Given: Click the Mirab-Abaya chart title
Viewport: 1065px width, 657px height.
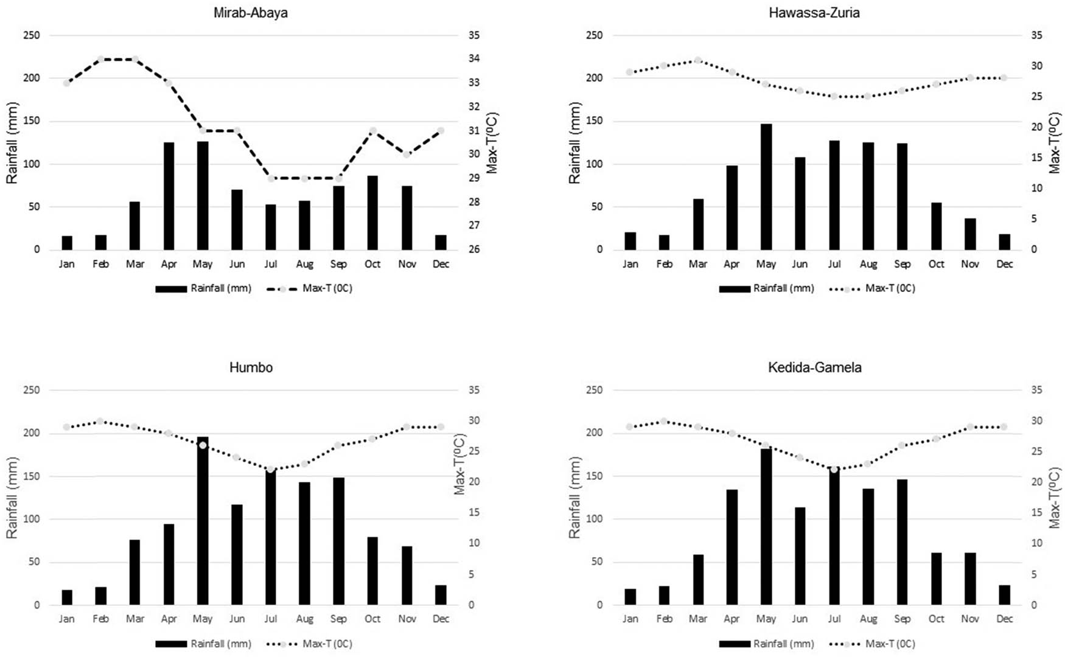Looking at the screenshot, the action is (250, 13).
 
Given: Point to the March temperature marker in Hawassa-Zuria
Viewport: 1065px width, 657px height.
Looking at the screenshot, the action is (698, 60).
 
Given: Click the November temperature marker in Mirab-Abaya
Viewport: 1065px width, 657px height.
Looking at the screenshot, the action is (407, 155).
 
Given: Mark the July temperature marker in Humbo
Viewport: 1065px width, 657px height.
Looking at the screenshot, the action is (271, 470).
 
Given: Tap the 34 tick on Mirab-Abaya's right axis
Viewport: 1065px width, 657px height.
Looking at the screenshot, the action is (474, 59).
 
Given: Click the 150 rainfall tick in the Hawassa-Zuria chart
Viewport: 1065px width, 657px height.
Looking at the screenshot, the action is (594, 121).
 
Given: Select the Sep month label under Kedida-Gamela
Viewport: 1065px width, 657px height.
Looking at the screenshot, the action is (902, 619).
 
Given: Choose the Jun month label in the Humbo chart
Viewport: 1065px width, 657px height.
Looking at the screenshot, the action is (237, 619).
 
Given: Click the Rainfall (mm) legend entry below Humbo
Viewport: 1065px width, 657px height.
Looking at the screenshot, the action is (204, 644).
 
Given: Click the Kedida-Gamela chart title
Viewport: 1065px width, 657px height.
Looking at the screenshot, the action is (814, 367).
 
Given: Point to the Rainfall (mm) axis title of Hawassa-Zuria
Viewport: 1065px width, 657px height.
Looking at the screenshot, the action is (574, 143).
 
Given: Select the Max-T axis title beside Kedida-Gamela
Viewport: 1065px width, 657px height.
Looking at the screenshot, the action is (1054, 498).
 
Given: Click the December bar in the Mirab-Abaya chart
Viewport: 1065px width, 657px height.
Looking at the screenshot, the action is (441, 242).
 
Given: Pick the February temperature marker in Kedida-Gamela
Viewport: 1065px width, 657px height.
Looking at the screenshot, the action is (664, 421).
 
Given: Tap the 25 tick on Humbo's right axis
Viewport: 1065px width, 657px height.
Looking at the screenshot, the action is (474, 451).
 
